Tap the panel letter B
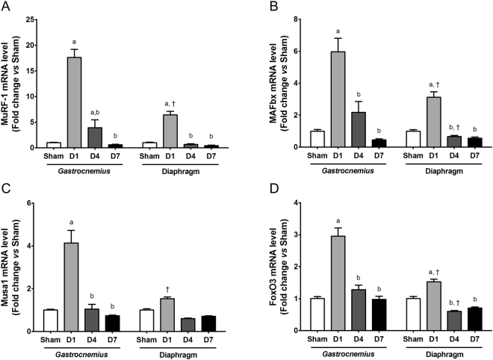point(254,6)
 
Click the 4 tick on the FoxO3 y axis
point(276,202)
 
